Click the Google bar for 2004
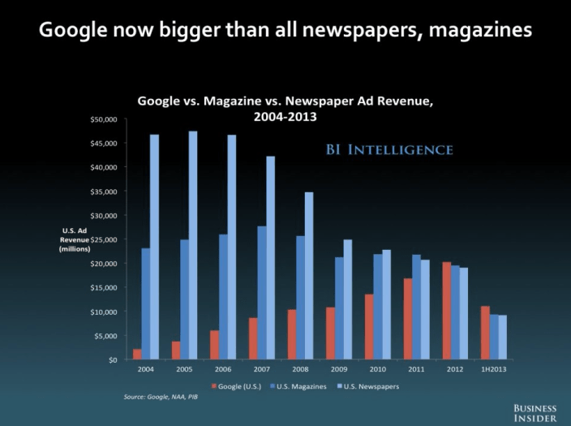pyautogui.click(x=137, y=355)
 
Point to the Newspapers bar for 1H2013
pyautogui.click(x=503, y=338)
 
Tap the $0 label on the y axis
pyautogui.click(x=113, y=359)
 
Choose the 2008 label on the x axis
pyautogui.click(x=300, y=369)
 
